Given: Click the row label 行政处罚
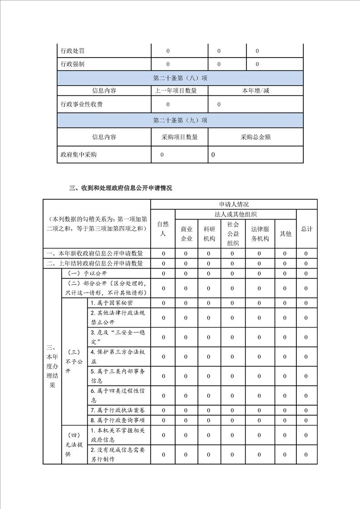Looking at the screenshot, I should click(73, 51).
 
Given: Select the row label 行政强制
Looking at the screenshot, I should click(73, 64).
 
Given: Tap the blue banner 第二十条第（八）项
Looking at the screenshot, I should click(180, 78).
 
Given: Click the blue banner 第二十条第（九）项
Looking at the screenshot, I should click(180, 120).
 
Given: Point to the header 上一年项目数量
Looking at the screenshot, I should click(176, 91).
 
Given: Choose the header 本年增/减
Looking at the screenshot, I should click(256, 91).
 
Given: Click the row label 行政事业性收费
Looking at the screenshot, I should click(82, 104).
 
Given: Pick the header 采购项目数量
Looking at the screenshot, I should click(179, 137).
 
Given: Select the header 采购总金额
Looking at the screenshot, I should click(256, 137).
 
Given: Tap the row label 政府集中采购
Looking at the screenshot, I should click(79, 155).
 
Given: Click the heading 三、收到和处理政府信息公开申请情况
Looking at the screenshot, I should click(120, 188).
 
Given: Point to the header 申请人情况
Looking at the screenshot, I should click(234, 204).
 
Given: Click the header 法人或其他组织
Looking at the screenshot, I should click(236, 214).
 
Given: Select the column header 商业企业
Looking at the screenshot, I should click(187, 234).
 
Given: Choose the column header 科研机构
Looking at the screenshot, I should click(209, 234).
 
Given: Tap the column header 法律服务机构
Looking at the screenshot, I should click(260, 234).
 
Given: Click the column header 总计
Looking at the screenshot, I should click(307, 229).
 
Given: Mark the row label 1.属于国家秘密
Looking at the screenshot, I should click(112, 303).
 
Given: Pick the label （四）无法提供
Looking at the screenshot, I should click(74, 444).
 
